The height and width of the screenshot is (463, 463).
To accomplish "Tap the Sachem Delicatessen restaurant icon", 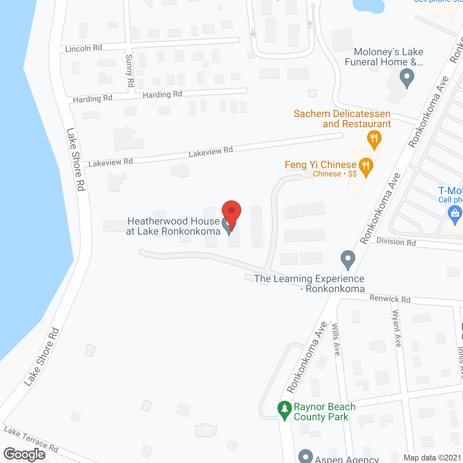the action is pos(374,139).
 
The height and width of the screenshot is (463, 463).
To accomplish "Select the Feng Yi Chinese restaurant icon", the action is pos(366,167).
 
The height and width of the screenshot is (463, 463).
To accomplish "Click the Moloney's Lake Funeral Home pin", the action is pos(407,78).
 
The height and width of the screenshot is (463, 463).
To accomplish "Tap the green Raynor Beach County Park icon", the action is pos(285,409).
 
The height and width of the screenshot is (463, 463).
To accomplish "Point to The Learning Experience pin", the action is pos(348,259).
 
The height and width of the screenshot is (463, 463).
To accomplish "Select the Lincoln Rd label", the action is pos(84,48).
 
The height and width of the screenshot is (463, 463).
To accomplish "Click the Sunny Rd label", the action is pos(129,71).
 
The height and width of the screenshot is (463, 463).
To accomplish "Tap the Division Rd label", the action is pos(396,242).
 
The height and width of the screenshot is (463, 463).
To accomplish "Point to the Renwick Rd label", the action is pos(390,299).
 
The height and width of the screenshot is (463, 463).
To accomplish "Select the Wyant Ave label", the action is pos(397,328).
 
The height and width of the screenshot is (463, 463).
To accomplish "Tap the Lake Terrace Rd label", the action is pos(31,439).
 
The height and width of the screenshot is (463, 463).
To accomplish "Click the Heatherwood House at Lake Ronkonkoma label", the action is pos(173,226).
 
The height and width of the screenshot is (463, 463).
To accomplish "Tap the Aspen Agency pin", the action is pos(306,456).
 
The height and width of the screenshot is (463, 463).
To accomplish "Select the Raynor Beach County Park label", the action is pos(324,412).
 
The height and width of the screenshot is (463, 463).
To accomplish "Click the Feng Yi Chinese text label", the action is pos(320,165).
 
